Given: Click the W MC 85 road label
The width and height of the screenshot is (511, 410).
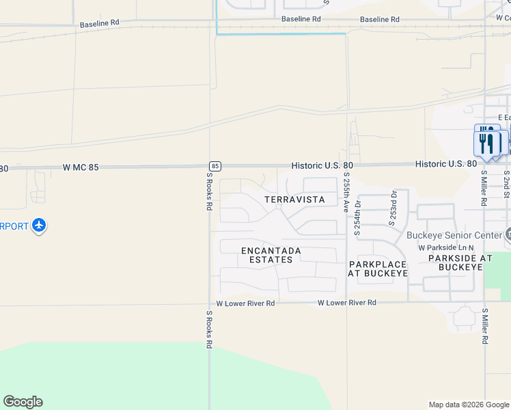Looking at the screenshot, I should click(x=85, y=167).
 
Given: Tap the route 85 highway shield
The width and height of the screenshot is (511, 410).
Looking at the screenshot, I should click(x=215, y=166).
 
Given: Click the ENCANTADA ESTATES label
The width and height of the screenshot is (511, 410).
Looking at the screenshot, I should click(x=271, y=255).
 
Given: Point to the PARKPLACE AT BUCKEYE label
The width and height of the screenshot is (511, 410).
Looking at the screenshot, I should click(x=378, y=269).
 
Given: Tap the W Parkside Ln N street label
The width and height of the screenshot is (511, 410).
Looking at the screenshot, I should click(x=446, y=247).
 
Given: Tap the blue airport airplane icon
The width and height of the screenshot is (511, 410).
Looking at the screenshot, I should click(x=39, y=225).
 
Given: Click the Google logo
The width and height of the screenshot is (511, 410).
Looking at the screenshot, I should click(x=23, y=402).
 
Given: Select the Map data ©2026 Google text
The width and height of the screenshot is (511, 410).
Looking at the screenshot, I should click(x=468, y=405).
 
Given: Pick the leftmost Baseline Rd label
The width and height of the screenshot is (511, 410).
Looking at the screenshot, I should click(x=99, y=23).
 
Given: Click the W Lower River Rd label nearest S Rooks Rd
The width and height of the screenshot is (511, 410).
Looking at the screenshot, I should click(x=245, y=303).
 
